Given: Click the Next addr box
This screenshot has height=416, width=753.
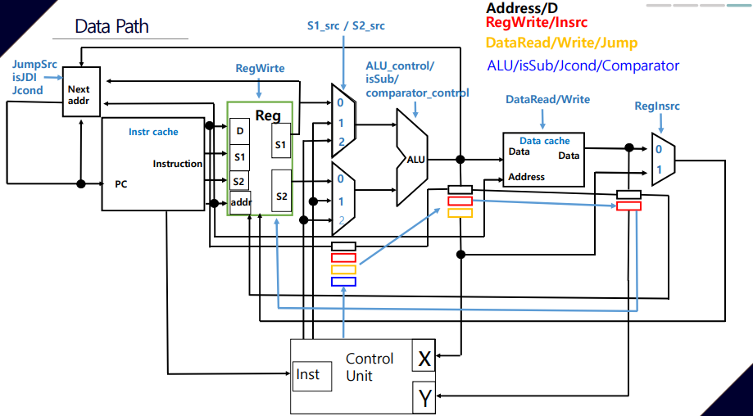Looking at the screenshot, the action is coord(81,92).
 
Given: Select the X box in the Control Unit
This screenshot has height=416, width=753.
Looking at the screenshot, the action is coord(424,355).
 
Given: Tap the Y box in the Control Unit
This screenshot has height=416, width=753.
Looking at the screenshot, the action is coord(424,397).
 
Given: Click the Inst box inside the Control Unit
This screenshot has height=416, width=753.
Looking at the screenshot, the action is coord(313,376).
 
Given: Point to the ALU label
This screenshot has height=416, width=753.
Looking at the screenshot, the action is coord(416,160).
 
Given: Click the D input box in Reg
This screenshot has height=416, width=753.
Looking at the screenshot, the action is coord(239,131).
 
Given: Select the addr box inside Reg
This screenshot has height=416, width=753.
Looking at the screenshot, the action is coord(241,202).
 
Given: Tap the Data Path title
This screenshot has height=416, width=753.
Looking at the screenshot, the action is coord(112,26).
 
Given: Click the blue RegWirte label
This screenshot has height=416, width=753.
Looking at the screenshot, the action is coord(260,69).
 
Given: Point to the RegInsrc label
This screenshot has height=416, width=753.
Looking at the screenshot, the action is coord(657,106).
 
